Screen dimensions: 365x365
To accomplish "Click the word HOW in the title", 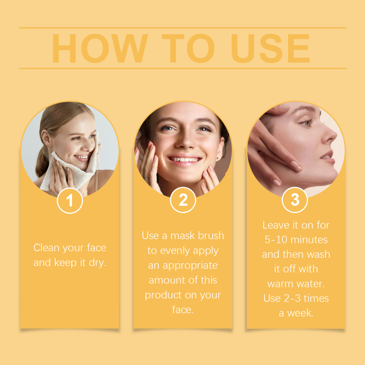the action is coord(100,48).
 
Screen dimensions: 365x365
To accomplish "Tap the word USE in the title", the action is coord(270,48).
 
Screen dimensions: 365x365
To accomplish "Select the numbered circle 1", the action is coord(70,200).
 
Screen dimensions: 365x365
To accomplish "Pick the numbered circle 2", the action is coord(183,200).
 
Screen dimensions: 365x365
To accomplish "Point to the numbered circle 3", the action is coord(295,200).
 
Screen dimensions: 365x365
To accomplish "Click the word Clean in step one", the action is coord(47,247).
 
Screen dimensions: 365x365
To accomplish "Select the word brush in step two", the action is coord(211,235).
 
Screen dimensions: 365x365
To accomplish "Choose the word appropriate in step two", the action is coord(190,266).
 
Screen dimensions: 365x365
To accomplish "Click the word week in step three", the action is coord(300,313).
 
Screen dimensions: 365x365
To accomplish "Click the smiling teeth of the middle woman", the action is coord(184,159).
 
